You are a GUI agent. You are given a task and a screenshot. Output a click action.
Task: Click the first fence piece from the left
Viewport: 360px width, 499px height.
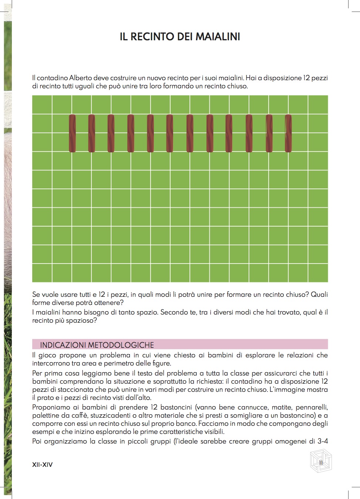(x=72, y=133)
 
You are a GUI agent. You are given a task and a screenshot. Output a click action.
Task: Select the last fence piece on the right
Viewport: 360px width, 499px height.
(x=288, y=133)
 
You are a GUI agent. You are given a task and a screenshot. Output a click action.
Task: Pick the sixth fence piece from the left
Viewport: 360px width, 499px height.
(x=169, y=133)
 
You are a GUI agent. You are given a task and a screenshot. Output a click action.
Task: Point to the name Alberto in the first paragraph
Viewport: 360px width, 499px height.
(x=80, y=78)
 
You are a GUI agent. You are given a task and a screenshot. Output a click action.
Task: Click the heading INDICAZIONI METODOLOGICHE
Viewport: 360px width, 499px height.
(x=97, y=345)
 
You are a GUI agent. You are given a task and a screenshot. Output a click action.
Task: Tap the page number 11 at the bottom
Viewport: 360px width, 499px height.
(x=321, y=462)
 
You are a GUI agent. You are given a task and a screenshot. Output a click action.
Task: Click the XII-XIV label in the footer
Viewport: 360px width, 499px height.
(x=42, y=465)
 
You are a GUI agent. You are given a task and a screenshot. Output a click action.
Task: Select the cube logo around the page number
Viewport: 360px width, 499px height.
(x=321, y=461)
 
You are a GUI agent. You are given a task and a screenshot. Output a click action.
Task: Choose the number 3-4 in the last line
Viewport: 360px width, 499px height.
(x=323, y=441)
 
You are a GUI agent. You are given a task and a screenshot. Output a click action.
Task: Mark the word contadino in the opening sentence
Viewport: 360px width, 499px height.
(x=52, y=78)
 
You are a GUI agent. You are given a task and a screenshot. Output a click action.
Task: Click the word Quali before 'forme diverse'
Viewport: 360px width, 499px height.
(x=319, y=295)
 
